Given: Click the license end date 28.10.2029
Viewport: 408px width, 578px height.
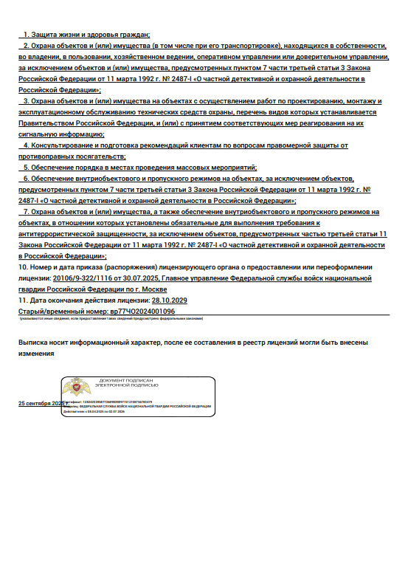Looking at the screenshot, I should coord(169,300).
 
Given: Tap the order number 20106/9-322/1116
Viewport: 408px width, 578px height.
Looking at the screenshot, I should coord(85,279).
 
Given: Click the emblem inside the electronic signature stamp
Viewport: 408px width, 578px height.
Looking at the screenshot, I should coord(75,388).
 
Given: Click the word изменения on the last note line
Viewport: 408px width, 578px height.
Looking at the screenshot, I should coord(37,354).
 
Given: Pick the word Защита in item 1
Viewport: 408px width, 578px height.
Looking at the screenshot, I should coord(46,35).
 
